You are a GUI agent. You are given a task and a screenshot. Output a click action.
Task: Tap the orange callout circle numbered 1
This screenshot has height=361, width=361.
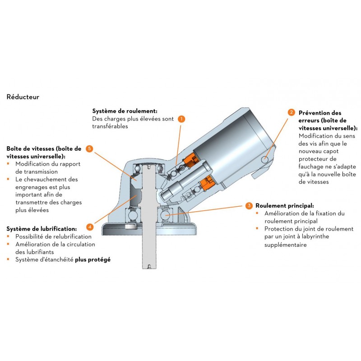coord(181,119)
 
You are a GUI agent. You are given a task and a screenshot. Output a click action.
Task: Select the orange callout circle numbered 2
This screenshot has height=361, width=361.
coord(292,112)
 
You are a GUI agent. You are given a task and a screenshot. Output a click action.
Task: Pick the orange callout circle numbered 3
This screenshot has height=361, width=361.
coord(249,206)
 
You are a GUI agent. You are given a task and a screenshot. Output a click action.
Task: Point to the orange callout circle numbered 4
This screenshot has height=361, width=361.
coord(90,227)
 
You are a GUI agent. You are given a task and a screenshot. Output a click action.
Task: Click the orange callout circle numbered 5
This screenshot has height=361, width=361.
coord(90,148)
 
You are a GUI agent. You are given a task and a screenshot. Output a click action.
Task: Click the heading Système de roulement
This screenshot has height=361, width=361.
coord(125,111)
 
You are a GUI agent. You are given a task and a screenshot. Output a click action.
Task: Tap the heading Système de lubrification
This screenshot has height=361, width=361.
coord(42,228)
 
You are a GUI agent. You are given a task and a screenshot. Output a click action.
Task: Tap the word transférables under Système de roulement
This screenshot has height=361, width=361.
coord(110,127)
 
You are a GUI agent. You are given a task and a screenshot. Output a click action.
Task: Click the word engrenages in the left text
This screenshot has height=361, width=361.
coord(32,187)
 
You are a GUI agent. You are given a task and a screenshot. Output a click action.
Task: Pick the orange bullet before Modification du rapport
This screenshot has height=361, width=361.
coord(8,164)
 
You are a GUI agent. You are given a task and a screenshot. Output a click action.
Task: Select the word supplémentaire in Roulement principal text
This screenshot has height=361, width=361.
coord(286,245)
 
